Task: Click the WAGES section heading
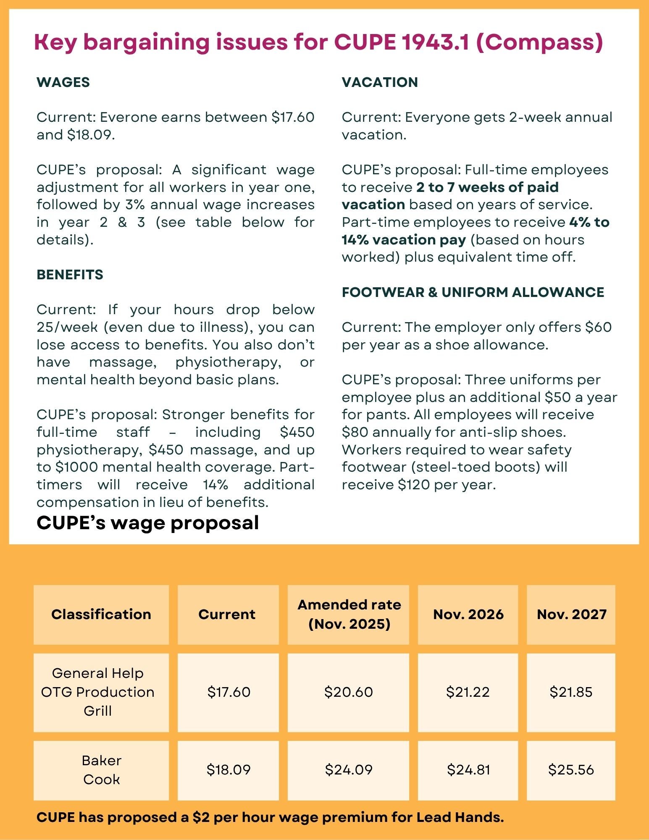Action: (63, 82)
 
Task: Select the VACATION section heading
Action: (380, 82)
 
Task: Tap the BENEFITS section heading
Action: (70, 275)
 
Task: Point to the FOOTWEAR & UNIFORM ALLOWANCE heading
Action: (473, 292)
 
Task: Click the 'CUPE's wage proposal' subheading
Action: (147, 523)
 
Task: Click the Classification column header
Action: (101, 614)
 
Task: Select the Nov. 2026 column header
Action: (468, 614)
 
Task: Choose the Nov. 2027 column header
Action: (571, 614)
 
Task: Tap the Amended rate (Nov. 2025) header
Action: (349, 614)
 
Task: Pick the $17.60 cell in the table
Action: (229, 692)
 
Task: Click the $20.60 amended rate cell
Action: (348, 692)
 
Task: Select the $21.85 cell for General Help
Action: (571, 692)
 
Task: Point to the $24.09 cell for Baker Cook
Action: (348, 769)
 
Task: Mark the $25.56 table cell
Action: (571, 769)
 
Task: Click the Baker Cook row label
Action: (101, 770)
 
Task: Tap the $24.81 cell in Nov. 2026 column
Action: (468, 769)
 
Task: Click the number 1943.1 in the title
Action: (435, 42)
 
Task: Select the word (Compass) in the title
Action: (540, 42)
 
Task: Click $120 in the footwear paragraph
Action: (413, 485)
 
